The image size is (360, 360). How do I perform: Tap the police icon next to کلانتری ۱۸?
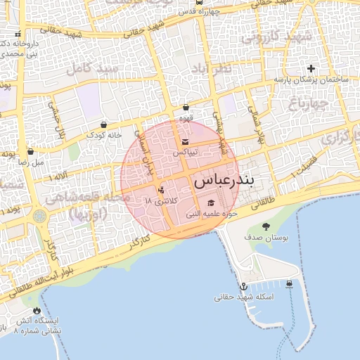click(x=161, y=189)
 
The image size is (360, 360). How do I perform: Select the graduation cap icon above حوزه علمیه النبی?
click(x=211, y=203)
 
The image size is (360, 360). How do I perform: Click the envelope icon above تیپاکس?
click(x=186, y=143)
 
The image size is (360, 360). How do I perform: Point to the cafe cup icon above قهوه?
click(x=186, y=108)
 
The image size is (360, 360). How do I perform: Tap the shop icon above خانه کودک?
click(x=104, y=124)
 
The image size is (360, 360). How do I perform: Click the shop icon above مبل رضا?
click(x=30, y=151)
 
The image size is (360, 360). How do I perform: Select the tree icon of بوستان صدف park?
click(x=266, y=226)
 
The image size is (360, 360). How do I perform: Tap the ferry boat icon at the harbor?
click(x=290, y=284)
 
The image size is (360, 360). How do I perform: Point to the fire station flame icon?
click(x=36, y=310)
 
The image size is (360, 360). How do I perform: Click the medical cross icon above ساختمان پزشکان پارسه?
click(x=311, y=68)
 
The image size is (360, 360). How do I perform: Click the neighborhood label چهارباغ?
click(x=308, y=104)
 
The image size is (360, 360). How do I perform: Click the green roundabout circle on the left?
click(x=40, y=217)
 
